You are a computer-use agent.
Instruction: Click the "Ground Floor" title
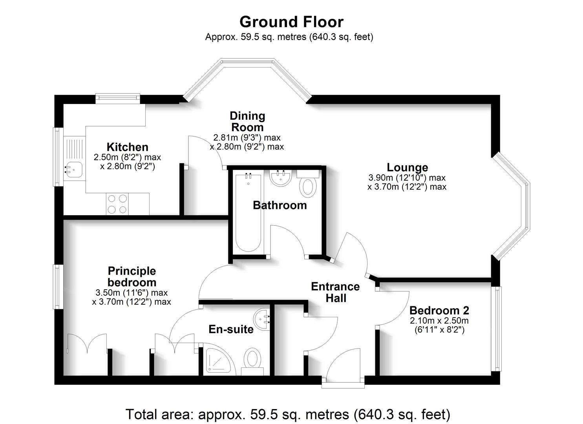point(291,22)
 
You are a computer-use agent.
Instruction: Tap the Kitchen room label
point(128,147)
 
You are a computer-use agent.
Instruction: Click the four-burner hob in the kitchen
point(117,204)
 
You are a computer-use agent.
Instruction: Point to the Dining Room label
point(247,121)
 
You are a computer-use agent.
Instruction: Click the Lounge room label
point(407,168)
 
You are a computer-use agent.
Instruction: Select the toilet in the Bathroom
point(308,187)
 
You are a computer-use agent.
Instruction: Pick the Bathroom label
point(280,205)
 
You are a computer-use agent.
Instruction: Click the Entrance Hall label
point(335,292)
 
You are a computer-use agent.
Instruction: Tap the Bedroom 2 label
point(439,311)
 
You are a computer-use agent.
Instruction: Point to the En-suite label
point(231,329)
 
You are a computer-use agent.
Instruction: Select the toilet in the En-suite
point(252,359)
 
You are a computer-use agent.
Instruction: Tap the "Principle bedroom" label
point(132,277)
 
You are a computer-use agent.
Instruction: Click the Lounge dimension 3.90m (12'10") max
point(407,178)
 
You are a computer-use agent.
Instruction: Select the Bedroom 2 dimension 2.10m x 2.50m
point(439,320)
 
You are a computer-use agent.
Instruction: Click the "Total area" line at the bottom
point(288,414)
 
